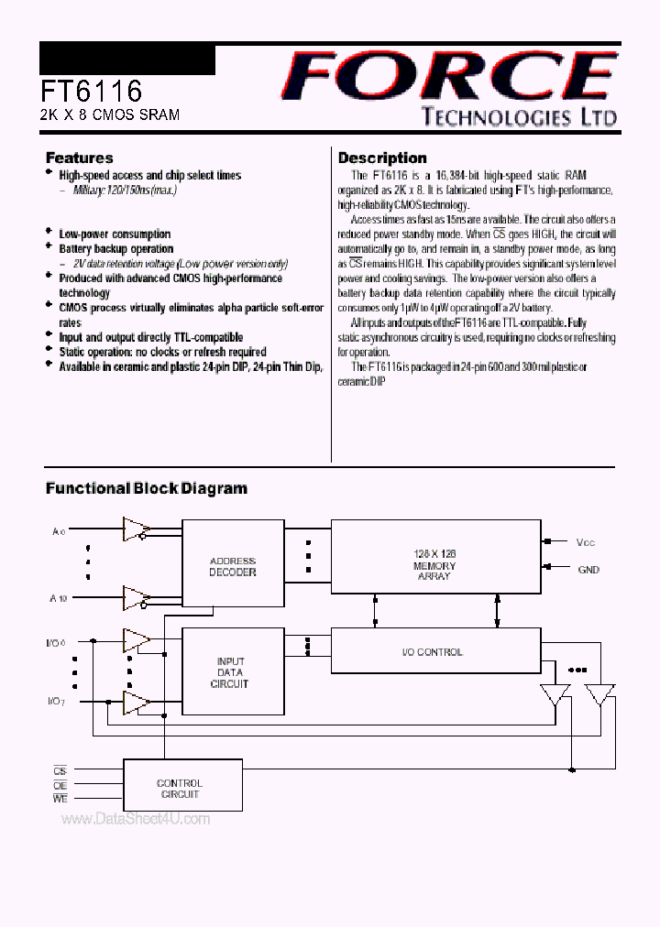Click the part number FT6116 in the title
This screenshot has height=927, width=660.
point(91,91)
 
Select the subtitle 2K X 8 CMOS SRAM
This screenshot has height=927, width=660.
point(109,115)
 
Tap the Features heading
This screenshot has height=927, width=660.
point(80,158)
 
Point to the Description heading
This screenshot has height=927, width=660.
point(382,158)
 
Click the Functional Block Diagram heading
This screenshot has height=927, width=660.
point(147,488)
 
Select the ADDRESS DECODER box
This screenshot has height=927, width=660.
point(233,566)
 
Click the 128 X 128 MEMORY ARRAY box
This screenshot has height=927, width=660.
point(434,566)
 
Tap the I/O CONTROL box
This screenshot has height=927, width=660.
point(434,652)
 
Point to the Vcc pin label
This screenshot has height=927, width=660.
point(586,542)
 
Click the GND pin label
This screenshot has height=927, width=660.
point(588,570)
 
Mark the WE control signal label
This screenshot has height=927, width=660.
point(60,800)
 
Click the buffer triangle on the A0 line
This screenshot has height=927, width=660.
point(136,529)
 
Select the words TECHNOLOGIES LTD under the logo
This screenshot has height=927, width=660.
point(519,116)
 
